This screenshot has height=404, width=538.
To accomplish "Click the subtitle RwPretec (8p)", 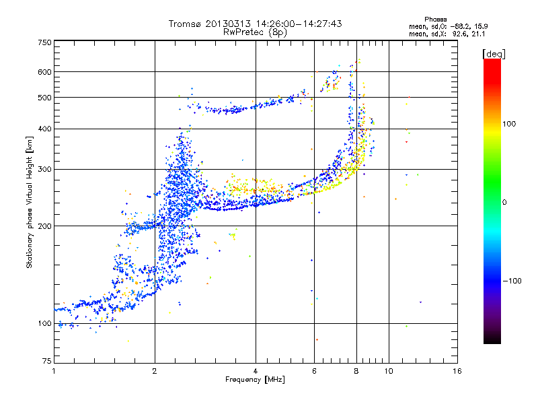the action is pos(255,32).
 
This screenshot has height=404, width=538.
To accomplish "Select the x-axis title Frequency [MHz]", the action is pos(255,380).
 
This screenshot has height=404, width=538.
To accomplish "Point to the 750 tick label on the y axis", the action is pos(44,42).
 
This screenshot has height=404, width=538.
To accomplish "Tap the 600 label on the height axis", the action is pos(44,72).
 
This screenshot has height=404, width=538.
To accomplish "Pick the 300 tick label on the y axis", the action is pos(44,170).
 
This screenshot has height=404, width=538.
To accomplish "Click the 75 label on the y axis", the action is pos(47,361).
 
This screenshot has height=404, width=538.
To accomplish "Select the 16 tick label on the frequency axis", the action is pos(457,371).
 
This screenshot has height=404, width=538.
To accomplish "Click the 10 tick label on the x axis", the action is pos(389,371).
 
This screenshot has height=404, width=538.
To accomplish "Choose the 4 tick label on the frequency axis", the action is pos(256,371).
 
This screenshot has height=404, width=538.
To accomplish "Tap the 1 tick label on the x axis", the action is pos(54,371).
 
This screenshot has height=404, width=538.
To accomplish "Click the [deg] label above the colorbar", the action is pos(494,54).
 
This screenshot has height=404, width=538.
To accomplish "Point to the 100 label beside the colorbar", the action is pos(509,124).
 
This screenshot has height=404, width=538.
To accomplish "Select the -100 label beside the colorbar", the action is pos(512,281).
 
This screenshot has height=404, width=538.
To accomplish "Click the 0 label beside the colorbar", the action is pos(504,203).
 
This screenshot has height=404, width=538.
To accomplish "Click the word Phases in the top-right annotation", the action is pos(435,20).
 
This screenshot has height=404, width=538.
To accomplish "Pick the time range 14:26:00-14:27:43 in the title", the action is pos(299,24).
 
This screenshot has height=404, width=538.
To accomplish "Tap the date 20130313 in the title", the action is pos(228,24).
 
